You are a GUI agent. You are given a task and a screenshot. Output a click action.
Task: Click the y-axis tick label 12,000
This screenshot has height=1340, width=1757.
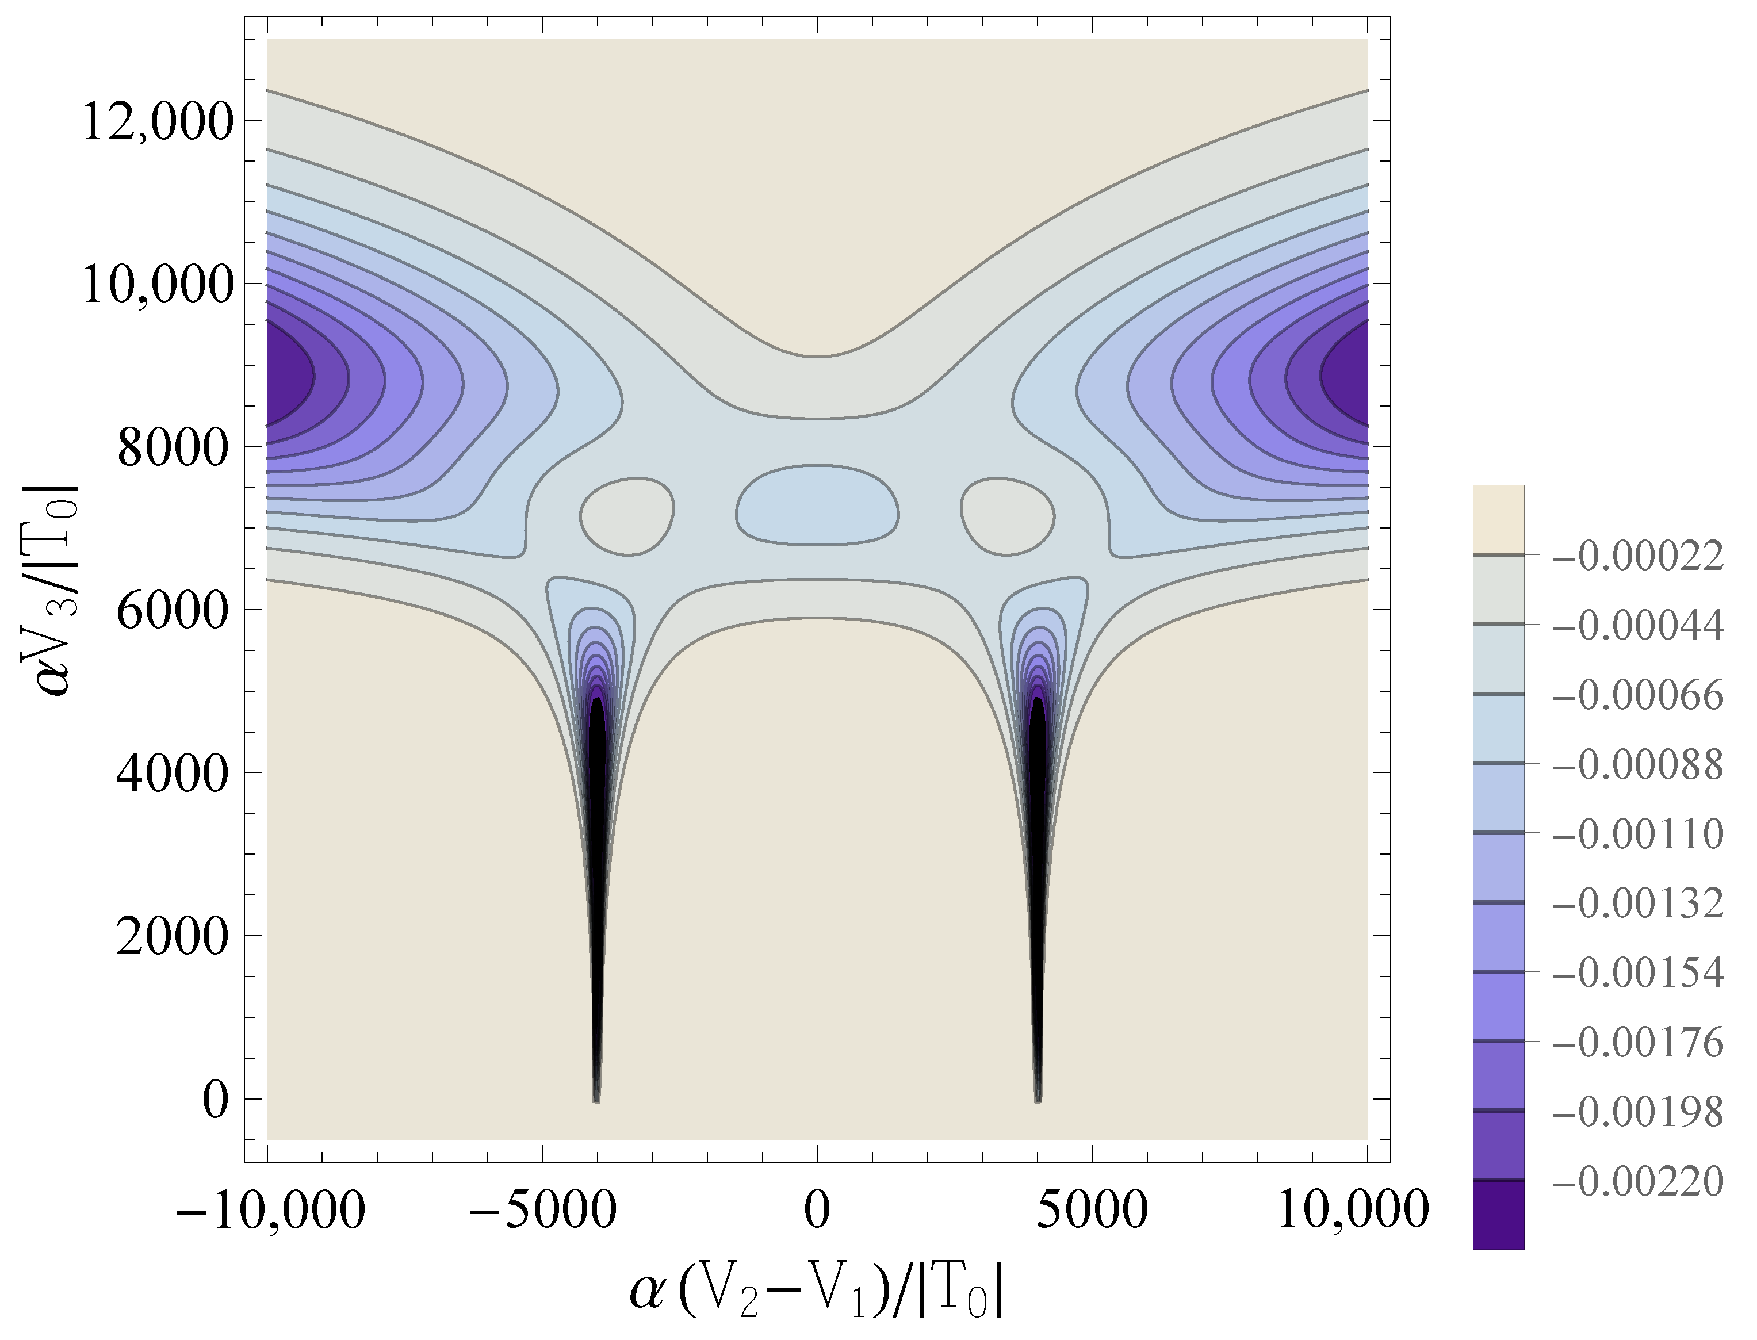click(x=158, y=124)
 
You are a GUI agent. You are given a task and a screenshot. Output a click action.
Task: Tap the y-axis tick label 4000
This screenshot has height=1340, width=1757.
click(x=174, y=774)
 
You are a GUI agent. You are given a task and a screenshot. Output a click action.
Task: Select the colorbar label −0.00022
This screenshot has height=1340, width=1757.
click(x=1638, y=556)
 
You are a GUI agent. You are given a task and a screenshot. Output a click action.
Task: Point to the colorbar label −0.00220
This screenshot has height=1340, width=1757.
click(x=1638, y=1181)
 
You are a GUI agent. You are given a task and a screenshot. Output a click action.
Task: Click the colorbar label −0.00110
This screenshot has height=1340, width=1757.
click(x=1638, y=833)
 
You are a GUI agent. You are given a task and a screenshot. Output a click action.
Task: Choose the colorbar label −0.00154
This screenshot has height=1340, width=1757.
click(x=1638, y=973)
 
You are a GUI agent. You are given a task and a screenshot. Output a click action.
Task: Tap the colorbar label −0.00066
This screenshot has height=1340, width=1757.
click(x=1638, y=695)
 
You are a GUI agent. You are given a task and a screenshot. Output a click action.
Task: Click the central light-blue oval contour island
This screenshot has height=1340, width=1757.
click(x=817, y=506)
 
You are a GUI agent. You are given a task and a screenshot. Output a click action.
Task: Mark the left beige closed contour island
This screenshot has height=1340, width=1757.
click(x=627, y=515)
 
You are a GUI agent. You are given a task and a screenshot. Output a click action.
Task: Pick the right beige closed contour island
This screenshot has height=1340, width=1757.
click(x=1007, y=515)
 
